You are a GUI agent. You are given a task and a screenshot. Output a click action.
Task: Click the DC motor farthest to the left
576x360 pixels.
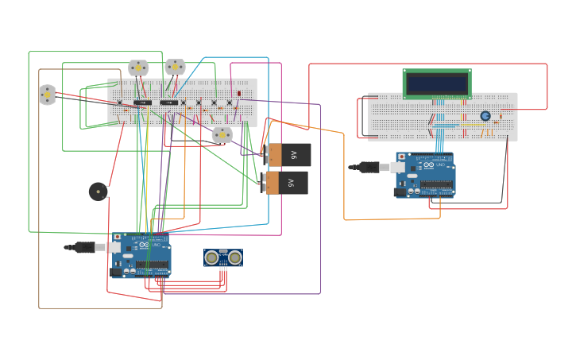coord(47,95)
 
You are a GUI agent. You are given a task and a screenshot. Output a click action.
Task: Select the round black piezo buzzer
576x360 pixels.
coord(98,192)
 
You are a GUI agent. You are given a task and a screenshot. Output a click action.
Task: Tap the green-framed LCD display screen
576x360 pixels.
coord(437,83)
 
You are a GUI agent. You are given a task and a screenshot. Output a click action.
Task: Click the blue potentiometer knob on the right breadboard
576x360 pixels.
coord(485,116)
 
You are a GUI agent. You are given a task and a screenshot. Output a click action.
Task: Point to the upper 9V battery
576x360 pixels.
coord(288,155)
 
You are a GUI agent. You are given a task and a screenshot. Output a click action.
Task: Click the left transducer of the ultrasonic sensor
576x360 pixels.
coord(211,257)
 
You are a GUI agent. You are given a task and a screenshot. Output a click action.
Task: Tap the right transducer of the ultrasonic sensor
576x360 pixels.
coord(234,257)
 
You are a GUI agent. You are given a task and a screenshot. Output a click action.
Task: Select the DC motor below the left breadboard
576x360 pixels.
coord(222,135)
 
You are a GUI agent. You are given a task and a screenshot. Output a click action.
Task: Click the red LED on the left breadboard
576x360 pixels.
coord(239,94)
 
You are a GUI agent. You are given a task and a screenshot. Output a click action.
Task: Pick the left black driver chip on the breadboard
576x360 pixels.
coord(143,103)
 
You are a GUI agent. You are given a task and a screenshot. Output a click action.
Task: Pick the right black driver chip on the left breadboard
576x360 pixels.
coord(169,103)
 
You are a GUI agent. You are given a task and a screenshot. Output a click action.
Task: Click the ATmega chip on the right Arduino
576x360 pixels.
coord(436,184)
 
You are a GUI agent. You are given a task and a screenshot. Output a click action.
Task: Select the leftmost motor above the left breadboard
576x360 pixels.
coord(138,68)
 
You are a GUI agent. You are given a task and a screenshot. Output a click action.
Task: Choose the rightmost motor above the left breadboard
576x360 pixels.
coord(175,68)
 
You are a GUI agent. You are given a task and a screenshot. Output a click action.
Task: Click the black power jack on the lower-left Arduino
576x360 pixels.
coord(116,272)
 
